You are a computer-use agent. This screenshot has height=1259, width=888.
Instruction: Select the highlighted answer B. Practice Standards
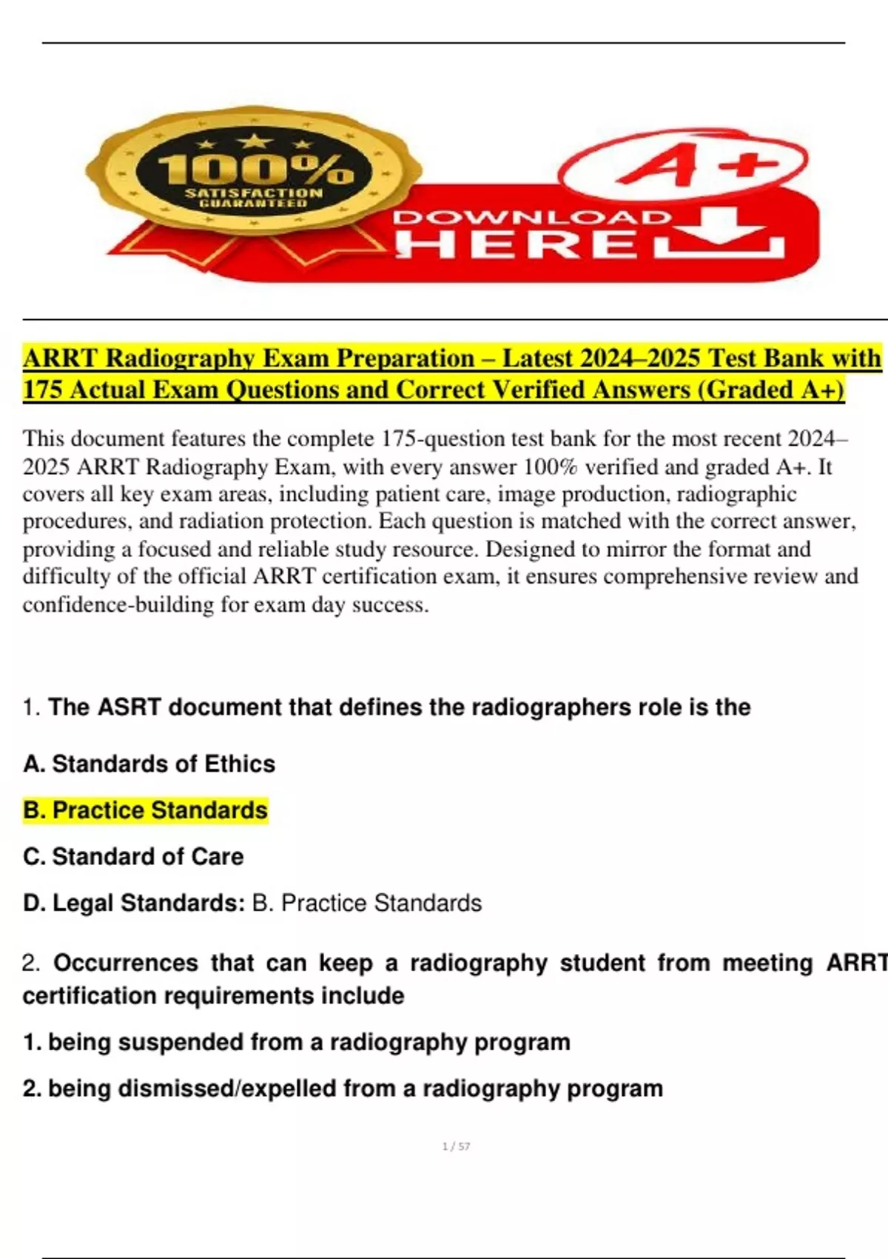[145, 810]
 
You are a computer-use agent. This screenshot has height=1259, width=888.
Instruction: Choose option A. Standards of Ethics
[149, 764]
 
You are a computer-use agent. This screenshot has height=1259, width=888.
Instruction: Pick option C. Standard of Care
[133, 857]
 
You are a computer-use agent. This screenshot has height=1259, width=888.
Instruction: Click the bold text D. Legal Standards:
[134, 904]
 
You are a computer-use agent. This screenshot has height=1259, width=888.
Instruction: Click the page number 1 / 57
[456, 1146]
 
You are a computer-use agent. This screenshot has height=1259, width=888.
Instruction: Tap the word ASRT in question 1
[129, 707]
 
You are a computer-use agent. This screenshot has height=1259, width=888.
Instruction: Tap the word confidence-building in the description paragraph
[118, 605]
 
